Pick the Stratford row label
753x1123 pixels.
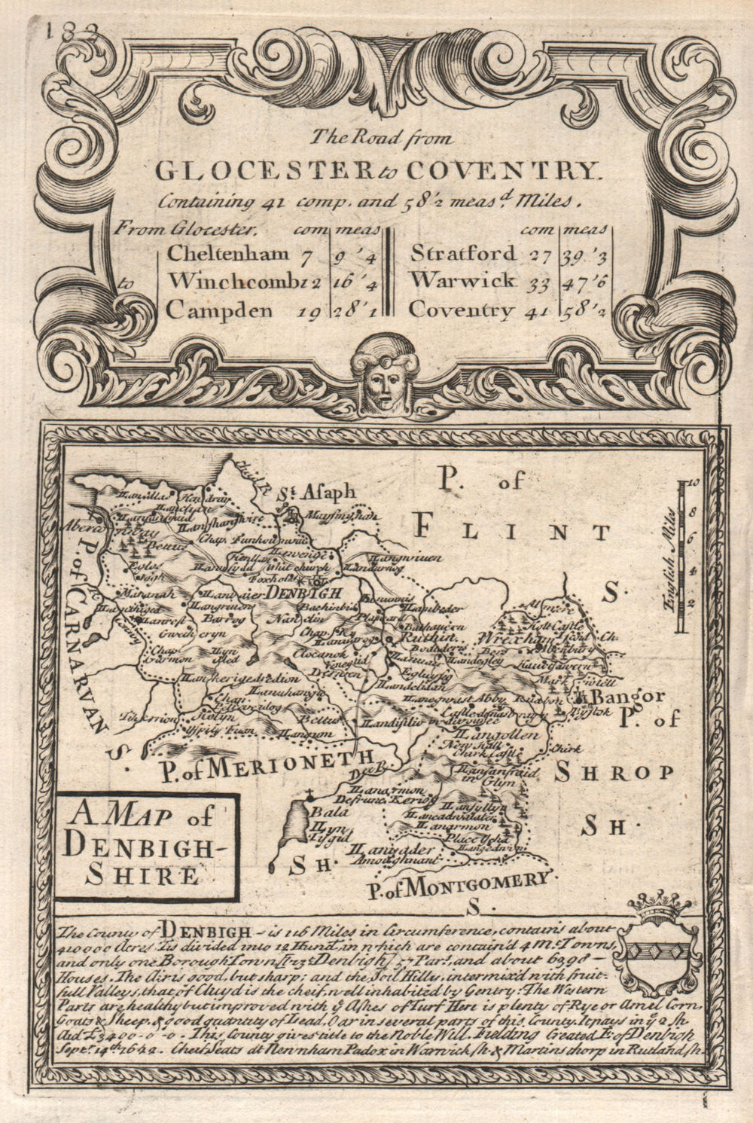click(463, 253)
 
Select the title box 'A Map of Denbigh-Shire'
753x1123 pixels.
click(146, 845)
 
